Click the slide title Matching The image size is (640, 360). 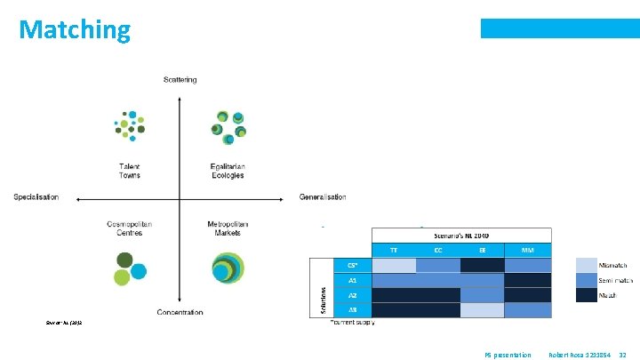coord(75,30)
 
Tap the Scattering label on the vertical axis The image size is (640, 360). coord(180,80)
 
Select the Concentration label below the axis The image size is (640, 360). coord(180,312)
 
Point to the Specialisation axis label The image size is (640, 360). coord(36,196)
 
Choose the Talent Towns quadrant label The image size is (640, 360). coord(130,171)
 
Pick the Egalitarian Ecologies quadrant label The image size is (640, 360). coord(228,171)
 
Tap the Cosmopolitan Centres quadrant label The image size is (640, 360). coord(130,228)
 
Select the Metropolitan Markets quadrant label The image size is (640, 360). coord(228,228)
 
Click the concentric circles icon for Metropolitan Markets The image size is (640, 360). coord(228,267)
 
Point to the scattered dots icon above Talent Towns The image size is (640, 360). coord(130,126)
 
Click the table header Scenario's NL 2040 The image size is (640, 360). coord(461,235)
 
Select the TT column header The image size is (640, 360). coord(394,251)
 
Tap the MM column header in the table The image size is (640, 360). coord(528,251)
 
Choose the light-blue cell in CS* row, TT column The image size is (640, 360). coord(394,265)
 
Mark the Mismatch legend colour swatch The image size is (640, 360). coord(586,265)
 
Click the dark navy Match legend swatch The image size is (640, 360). coord(586,295)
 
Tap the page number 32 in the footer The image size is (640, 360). coord(622,355)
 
